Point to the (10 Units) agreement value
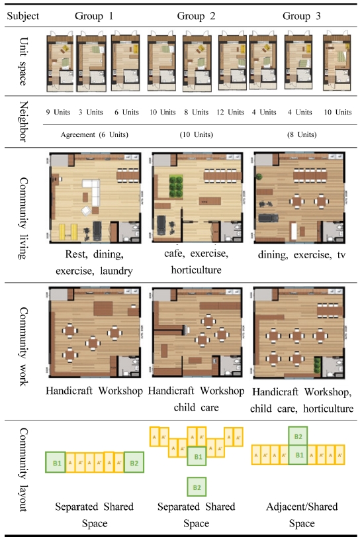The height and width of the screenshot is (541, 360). point(195,135)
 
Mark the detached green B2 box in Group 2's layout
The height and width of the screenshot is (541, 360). point(197,487)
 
